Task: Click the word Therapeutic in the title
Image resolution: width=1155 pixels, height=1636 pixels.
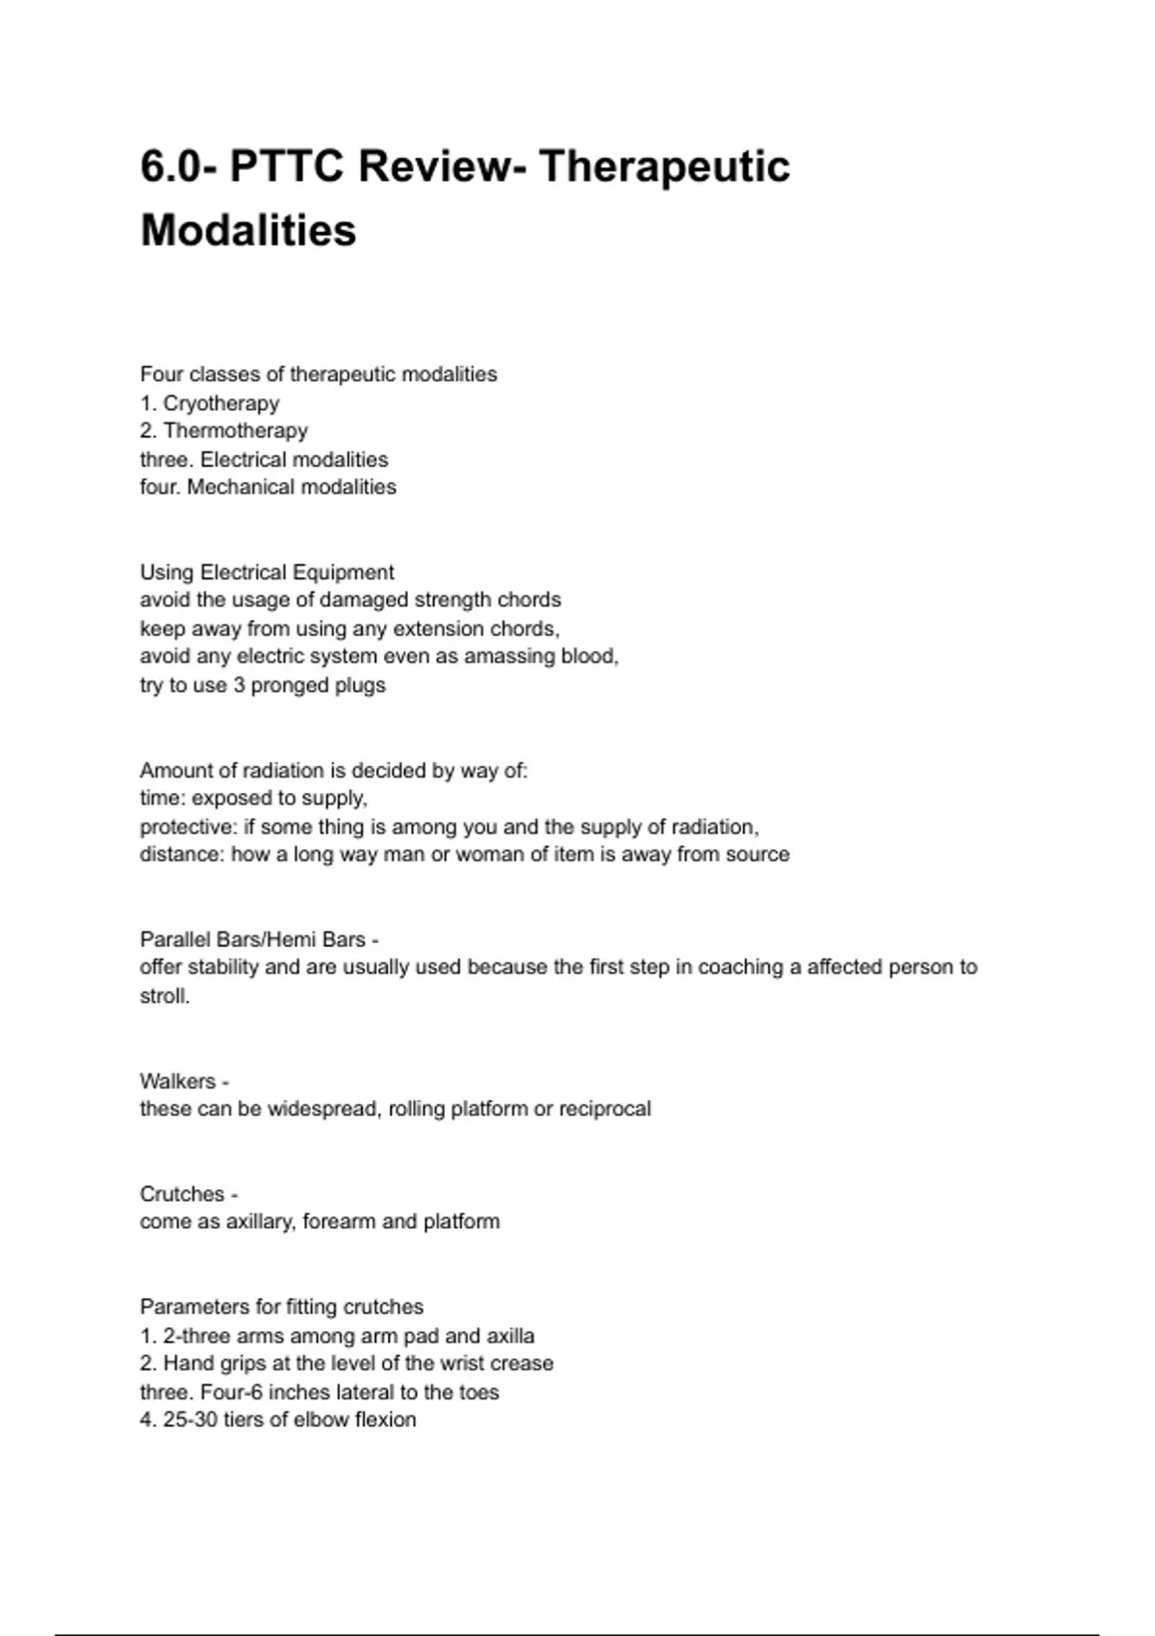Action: tap(664, 166)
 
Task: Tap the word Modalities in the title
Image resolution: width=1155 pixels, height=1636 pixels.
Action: tap(248, 230)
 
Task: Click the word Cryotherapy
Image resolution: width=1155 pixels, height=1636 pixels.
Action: tap(220, 403)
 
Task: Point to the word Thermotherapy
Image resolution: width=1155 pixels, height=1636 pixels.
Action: tap(235, 431)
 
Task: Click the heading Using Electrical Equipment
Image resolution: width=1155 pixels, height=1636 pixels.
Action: tap(267, 573)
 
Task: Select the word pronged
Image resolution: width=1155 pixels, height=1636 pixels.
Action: tap(289, 685)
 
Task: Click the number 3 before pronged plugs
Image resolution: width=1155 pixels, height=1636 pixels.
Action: tap(239, 685)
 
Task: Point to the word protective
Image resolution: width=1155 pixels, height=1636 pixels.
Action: tap(185, 827)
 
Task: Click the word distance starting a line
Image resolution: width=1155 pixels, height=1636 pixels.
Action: tap(181, 855)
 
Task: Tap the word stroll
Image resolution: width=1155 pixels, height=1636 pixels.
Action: tap(165, 996)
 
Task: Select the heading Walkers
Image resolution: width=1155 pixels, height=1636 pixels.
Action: tap(178, 1081)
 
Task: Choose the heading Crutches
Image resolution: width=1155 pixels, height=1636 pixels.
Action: tap(182, 1194)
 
